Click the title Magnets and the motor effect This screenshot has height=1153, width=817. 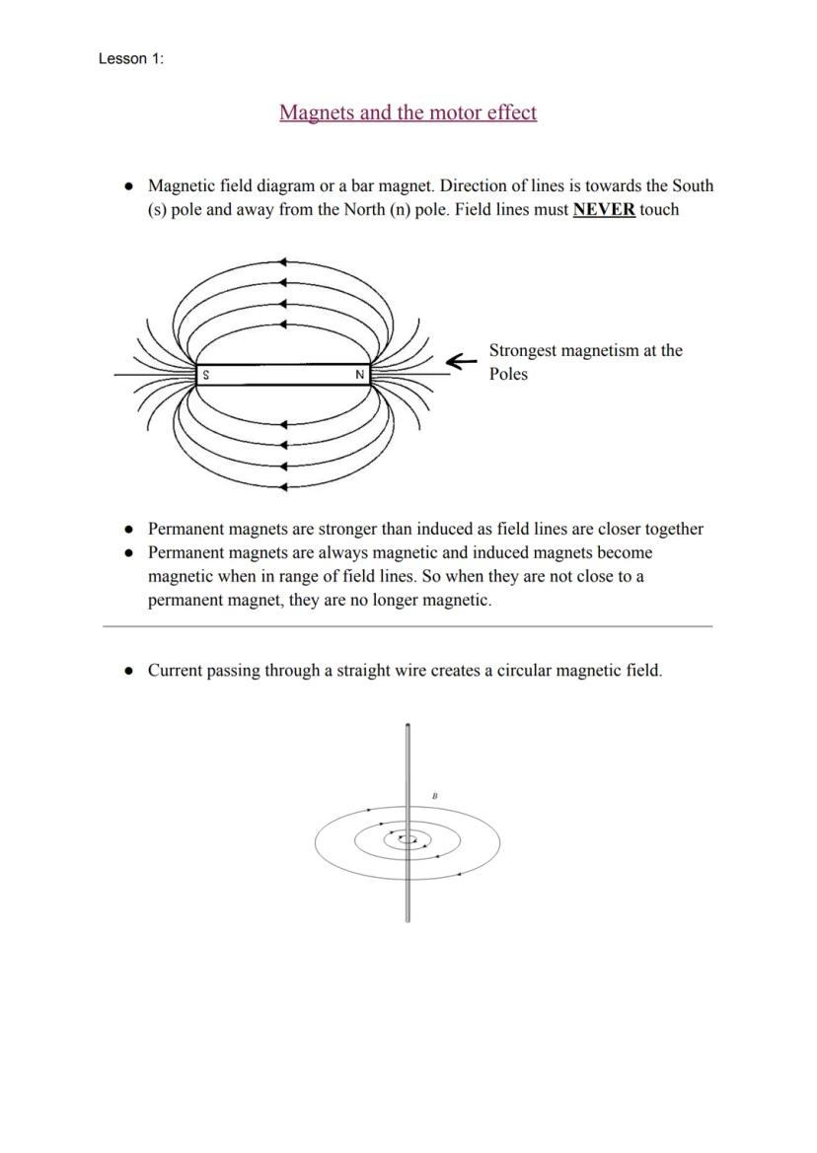point(408,112)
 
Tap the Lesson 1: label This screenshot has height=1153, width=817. point(131,59)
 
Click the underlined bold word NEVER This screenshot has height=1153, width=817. point(604,209)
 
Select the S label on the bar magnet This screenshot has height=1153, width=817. point(205,375)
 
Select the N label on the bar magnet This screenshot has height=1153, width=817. point(360,375)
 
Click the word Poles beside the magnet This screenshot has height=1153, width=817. point(508,375)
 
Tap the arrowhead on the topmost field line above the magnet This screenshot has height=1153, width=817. point(284,262)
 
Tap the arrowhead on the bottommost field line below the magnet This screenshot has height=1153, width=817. point(284,486)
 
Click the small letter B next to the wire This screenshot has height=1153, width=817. point(435,795)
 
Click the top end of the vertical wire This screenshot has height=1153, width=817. point(408,727)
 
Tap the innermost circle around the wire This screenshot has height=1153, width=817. point(413,840)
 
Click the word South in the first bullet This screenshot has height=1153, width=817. point(690,185)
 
